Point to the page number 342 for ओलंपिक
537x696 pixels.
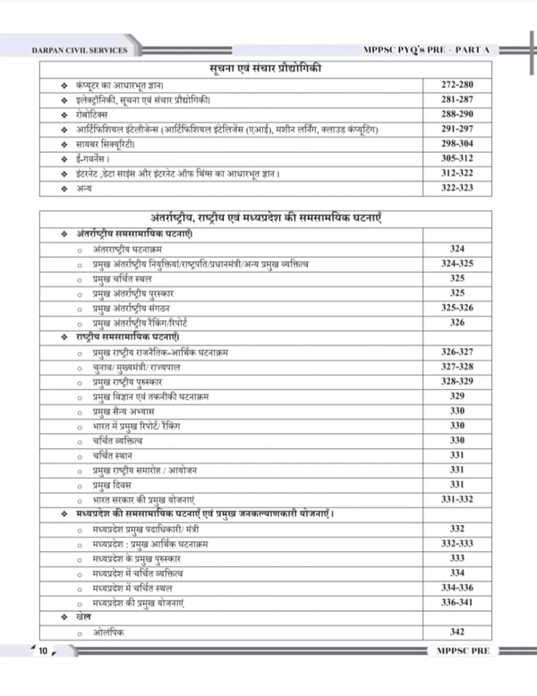click(457, 632)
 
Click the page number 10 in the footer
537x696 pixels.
click(42, 650)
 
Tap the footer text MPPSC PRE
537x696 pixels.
click(457, 650)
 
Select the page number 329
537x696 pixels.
click(457, 395)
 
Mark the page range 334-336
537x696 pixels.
click(457, 587)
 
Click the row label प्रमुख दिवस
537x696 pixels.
click(112, 484)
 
